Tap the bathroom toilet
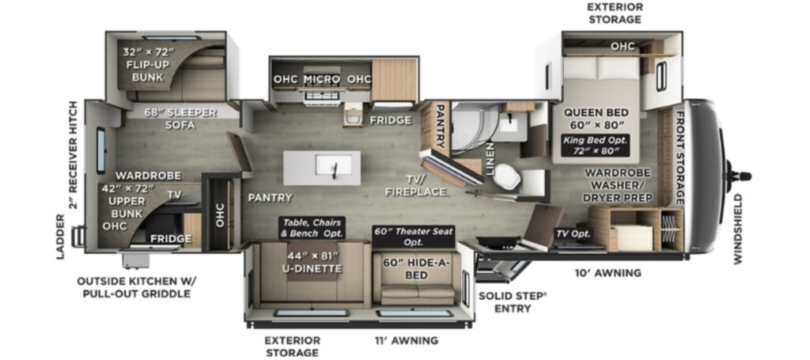[x=507, y=177]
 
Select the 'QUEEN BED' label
[x=596, y=112]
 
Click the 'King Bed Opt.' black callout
[x=596, y=145]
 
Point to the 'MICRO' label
[x=322, y=80]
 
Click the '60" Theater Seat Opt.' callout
[x=413, y=237]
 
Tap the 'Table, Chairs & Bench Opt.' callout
[x=312, y=229]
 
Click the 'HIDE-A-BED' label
[x=416, y=269]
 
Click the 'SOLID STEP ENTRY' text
[x=513, y=303]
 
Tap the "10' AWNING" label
[x=608, y=273]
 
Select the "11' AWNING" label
[x=406, y=340]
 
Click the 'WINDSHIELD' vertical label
[x=738, y=229]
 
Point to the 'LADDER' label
[x=61, y=237]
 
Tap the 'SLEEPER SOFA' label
[x=180, y=119]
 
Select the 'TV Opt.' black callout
[x=573, y=234]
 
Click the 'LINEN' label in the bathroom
[x=489, y=159]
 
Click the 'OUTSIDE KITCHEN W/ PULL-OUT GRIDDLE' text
[x=136, y=288]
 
